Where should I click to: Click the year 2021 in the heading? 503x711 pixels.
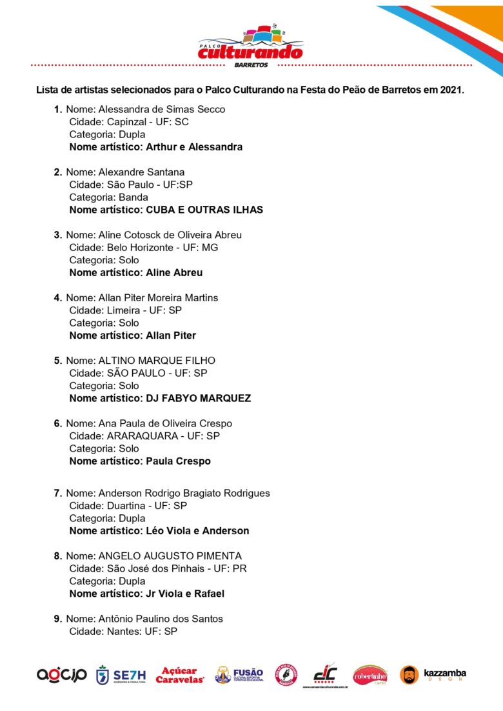pyautogui.click(x=451, y=90)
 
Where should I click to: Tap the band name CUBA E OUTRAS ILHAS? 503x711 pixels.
pyautogui.click(x=204, y=210)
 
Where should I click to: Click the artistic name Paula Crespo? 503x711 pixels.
pyautogui.click(x=178, y=461)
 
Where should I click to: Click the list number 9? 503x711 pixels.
pyautogui.click(x=57, y=619)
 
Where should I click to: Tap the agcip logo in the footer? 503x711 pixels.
pyautogui.click(x=61, y=675)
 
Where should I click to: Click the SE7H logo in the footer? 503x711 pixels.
pyautogui.click(x=121, y=675)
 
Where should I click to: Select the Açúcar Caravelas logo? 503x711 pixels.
pyautogui.click(x=180, y=675)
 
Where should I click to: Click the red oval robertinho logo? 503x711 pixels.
pyautogui.click(x=370, y=675)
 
